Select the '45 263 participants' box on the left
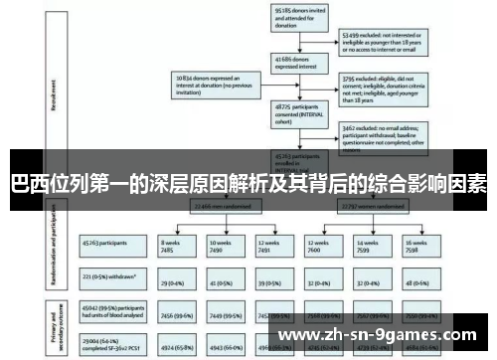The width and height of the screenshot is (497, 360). (x=110, y=242)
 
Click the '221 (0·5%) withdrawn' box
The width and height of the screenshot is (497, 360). (x=110, y=272)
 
